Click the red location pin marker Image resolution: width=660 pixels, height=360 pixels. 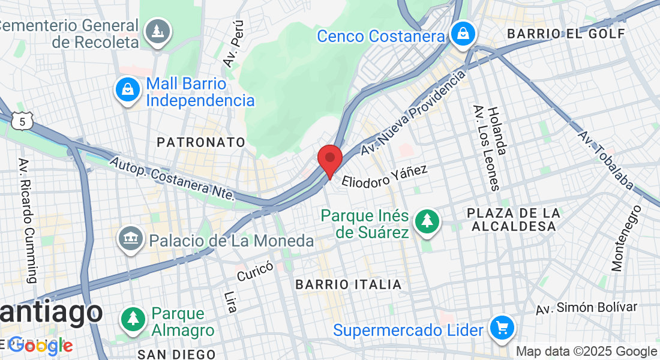[x=329, y=159]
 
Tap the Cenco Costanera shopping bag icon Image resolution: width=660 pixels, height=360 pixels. [x=464, y=34]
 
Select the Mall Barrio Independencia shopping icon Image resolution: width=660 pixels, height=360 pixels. [x=127, y=90]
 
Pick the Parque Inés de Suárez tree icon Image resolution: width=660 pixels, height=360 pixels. [x=427, y=221]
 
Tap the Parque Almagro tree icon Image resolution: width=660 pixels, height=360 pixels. [x=133, y=319]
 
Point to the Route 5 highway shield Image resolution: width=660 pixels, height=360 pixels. [x=22, y=122]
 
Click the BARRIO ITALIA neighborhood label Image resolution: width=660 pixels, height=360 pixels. [x=348, y=284]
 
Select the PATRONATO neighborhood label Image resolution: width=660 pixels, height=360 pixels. [x=201, y=142]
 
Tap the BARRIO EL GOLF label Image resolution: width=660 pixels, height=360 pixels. [x=566, y=34]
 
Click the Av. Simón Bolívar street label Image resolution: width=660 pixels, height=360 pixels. [x=586, y=308]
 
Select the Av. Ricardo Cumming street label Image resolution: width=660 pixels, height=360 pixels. [x=28, y=220]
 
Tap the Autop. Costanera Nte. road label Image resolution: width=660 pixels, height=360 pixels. [x=172, y=178]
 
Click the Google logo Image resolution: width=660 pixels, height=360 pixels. [x=40, y=346]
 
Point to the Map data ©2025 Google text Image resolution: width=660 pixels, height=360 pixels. [x=586, y=352]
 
